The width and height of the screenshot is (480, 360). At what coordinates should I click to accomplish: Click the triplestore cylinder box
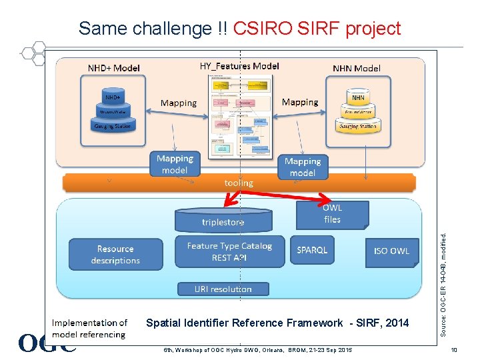coord(223,221)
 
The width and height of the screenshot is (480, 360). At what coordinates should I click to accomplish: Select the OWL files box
coord(331,213)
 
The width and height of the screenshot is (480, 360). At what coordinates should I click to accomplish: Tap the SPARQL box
coord(312,251)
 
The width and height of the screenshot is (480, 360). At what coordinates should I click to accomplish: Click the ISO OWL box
coord(391,251)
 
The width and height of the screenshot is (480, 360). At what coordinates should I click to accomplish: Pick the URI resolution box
coord(223,289)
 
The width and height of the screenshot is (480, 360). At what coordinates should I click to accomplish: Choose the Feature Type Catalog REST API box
coord(229,251)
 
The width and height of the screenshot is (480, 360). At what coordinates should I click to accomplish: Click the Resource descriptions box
coord(115,255)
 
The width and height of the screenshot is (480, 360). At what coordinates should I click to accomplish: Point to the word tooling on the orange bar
coord(239,183)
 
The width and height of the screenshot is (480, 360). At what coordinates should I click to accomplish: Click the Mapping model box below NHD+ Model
coord(175,165)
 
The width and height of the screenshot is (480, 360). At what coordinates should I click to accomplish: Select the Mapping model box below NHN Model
coord(302,167)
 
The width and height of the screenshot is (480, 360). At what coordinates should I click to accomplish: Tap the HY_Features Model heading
coord(239,66)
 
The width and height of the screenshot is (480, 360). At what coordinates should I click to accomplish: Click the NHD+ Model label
coord(114,68)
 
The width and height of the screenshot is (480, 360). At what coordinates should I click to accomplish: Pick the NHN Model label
coord(357,68)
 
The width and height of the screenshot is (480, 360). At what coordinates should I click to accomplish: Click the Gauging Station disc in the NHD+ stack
coord(112,125)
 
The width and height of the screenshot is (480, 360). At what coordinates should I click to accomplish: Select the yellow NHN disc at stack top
coord(358,97)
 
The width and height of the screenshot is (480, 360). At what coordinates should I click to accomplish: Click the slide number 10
coord(454,350)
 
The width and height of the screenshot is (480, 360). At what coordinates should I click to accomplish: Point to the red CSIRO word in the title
coord(261,29)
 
